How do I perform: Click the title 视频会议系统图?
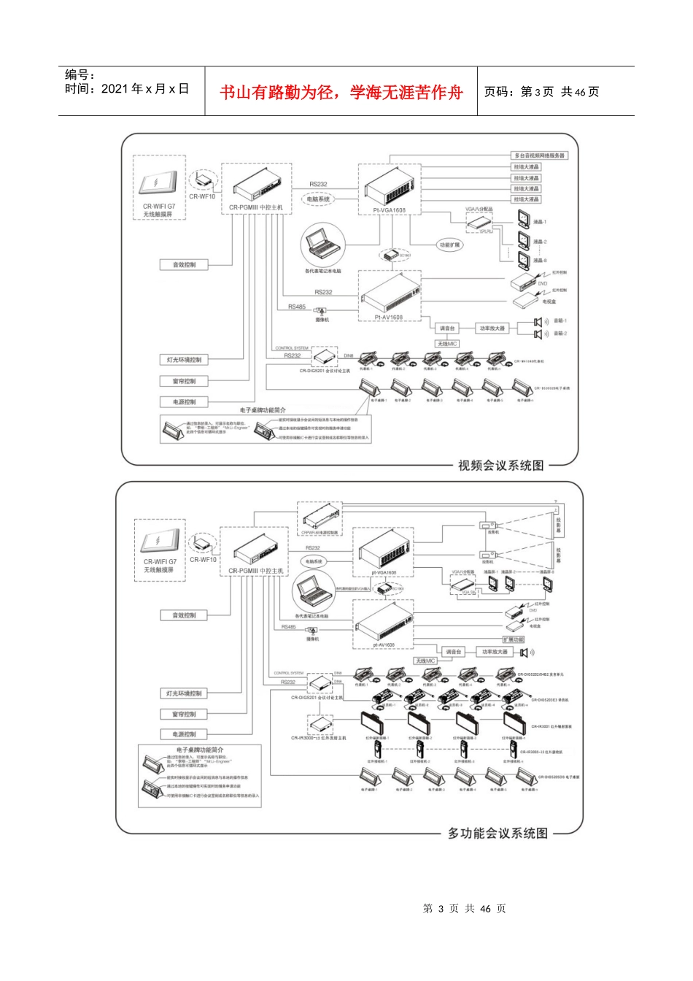click(x=500, y=466)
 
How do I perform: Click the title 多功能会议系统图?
click(x=498, y=833)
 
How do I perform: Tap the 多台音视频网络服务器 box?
click(x=539, y=155)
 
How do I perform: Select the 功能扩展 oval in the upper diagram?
click(x=450, y=245)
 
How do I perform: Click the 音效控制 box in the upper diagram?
click(x=184, y=265)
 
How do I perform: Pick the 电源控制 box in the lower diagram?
click(x=184, y=734)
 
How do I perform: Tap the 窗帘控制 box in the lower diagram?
click(x=184, y=714)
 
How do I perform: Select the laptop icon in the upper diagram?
click(x=322, y=243)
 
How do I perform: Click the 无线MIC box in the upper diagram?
click(x=448, y=343)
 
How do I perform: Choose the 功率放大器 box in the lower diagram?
click(x=494, y=652)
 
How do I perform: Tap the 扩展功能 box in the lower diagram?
click(x=514, y=639)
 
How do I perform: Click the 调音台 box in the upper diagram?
click(x=447, y=328)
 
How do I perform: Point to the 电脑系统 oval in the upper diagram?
click(x=318, y=199)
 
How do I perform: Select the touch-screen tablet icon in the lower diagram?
click(x=160, y=543)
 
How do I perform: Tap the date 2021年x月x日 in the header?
click(x=127, y=89)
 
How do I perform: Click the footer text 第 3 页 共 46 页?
click(x=464, y=909)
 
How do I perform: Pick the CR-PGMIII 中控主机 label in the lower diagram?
click(x=255, y=571)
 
